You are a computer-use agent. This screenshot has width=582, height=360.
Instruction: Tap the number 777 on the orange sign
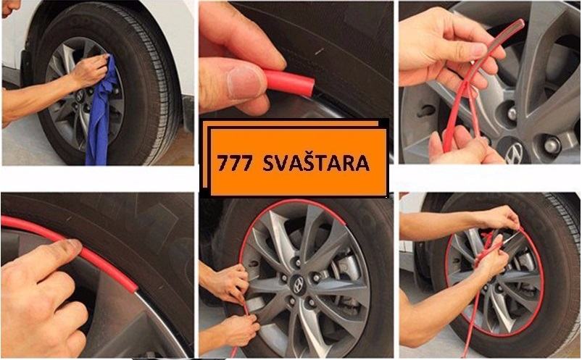(235, 164)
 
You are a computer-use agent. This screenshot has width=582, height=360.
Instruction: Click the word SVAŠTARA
(316, 162)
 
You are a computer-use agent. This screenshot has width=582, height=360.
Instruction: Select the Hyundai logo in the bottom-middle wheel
(298, 285)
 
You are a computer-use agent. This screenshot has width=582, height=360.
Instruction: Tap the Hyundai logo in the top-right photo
(515, 151)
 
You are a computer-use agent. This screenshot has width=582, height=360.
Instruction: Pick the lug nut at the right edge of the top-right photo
(552, 145)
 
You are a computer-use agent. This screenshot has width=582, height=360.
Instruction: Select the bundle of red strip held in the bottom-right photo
(486, 249)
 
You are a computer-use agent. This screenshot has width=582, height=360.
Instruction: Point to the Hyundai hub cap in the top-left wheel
(80, 96)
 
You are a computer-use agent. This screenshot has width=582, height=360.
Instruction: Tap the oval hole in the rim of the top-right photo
(426, 110)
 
